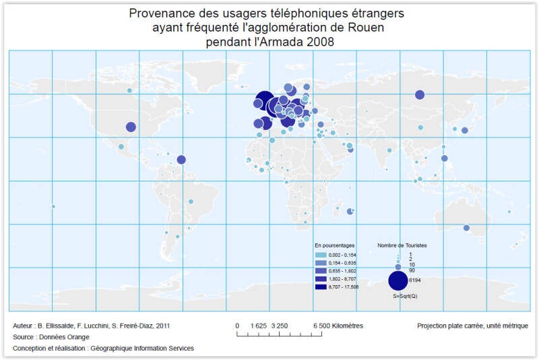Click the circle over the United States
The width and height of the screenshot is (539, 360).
coord(131,126)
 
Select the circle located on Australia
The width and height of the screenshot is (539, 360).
coord(466,228)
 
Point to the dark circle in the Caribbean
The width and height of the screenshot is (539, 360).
coord(181,160)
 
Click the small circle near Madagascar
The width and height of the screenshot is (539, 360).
coord(350,212)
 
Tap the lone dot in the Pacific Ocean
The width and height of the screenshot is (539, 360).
coord(53,206)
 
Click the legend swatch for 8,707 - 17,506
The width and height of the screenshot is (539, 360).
coord(321,287)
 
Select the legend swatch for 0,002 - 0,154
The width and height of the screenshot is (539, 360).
coord(321,255)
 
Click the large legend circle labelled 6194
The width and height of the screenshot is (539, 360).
coord(398,280)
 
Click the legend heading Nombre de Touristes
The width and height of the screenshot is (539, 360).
coord(402,245)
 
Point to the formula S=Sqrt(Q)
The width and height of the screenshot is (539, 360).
coord(405,296)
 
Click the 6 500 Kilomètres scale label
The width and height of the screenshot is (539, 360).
coord(338,326)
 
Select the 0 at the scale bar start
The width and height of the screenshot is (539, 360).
coord(237,326)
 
